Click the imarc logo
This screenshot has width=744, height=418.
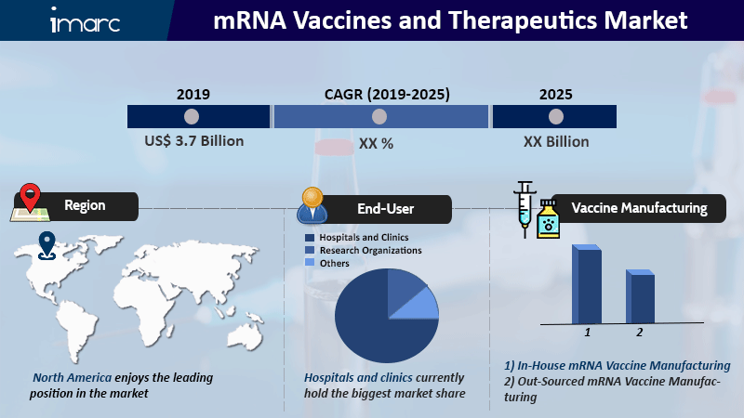coord(86,20)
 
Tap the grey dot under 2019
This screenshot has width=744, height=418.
coord(192,117)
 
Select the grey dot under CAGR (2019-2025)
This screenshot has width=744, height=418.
coord(379,117)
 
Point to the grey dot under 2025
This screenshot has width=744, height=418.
coord(555,117)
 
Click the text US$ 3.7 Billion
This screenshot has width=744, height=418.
coord(194,141)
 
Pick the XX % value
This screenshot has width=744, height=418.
coord(376,143)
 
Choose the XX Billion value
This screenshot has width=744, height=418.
coord(556,142)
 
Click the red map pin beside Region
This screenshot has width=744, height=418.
coord(30,197)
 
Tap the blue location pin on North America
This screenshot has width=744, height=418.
coord(46,245)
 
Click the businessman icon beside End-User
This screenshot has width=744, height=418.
coord(312,205)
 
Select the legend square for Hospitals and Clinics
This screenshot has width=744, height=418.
coord(310,238)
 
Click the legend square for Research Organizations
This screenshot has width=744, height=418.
coord(310,250)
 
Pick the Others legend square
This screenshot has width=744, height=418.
coord(310,263)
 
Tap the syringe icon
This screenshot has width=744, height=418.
coord(525,209)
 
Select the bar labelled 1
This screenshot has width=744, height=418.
coord(587,284)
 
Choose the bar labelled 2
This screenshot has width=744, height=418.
coord(640,296)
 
